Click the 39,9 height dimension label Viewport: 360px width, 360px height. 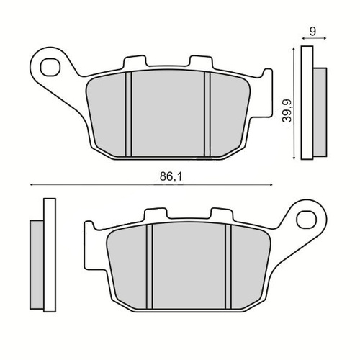click(287, 111)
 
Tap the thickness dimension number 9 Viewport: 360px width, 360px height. click(312, 32)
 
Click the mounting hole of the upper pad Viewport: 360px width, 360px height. click(50, 68)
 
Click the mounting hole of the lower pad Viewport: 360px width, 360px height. click(307, 220)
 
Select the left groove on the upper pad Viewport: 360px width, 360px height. click(128, 114)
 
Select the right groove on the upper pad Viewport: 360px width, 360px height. click(207, 114)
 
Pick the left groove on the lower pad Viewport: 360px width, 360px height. click(150, 266)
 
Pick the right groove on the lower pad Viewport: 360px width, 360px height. click(228, 266)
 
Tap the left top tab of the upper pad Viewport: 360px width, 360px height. click(135, 61)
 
